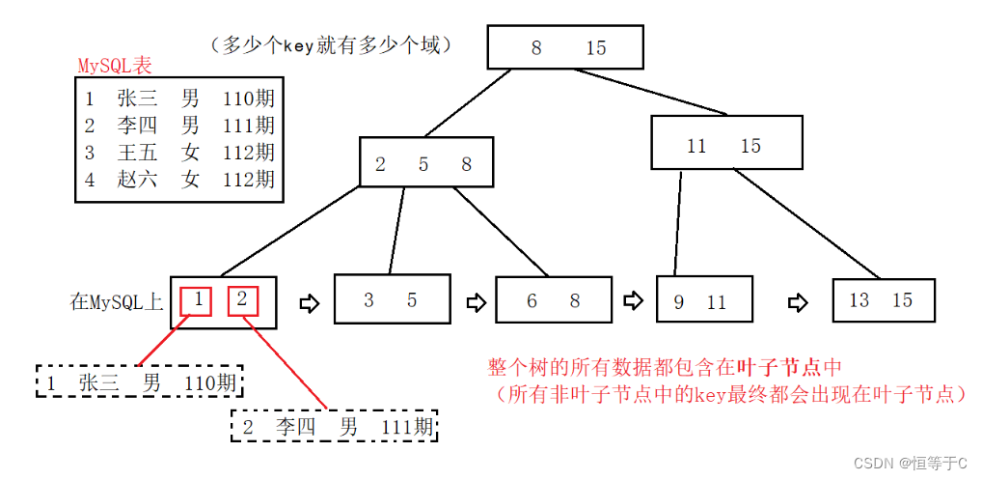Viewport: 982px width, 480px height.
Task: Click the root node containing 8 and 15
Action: coord(565,47)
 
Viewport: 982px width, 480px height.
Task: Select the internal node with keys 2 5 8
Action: coord(425,163)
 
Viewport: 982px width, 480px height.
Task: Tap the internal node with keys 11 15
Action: coord(725,146)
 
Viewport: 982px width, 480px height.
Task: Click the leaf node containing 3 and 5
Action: coord(391,299)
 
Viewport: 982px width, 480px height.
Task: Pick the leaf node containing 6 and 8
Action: coord(554,300)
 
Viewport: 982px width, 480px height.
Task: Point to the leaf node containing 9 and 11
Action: coord(701,301)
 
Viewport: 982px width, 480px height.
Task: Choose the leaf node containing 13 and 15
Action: coord(883,300)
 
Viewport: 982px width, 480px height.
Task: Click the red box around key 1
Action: coord(197,299)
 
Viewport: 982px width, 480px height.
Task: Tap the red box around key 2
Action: coord(242,299)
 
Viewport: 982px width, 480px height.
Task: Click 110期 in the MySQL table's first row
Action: coord(248,98)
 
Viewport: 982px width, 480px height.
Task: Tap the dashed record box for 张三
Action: coord(140,382)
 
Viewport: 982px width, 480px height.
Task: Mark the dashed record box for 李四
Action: coord(336,426)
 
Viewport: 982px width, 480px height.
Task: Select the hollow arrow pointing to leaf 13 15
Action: coord(797,301)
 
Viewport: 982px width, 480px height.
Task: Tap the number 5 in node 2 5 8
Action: coord(423,164)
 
